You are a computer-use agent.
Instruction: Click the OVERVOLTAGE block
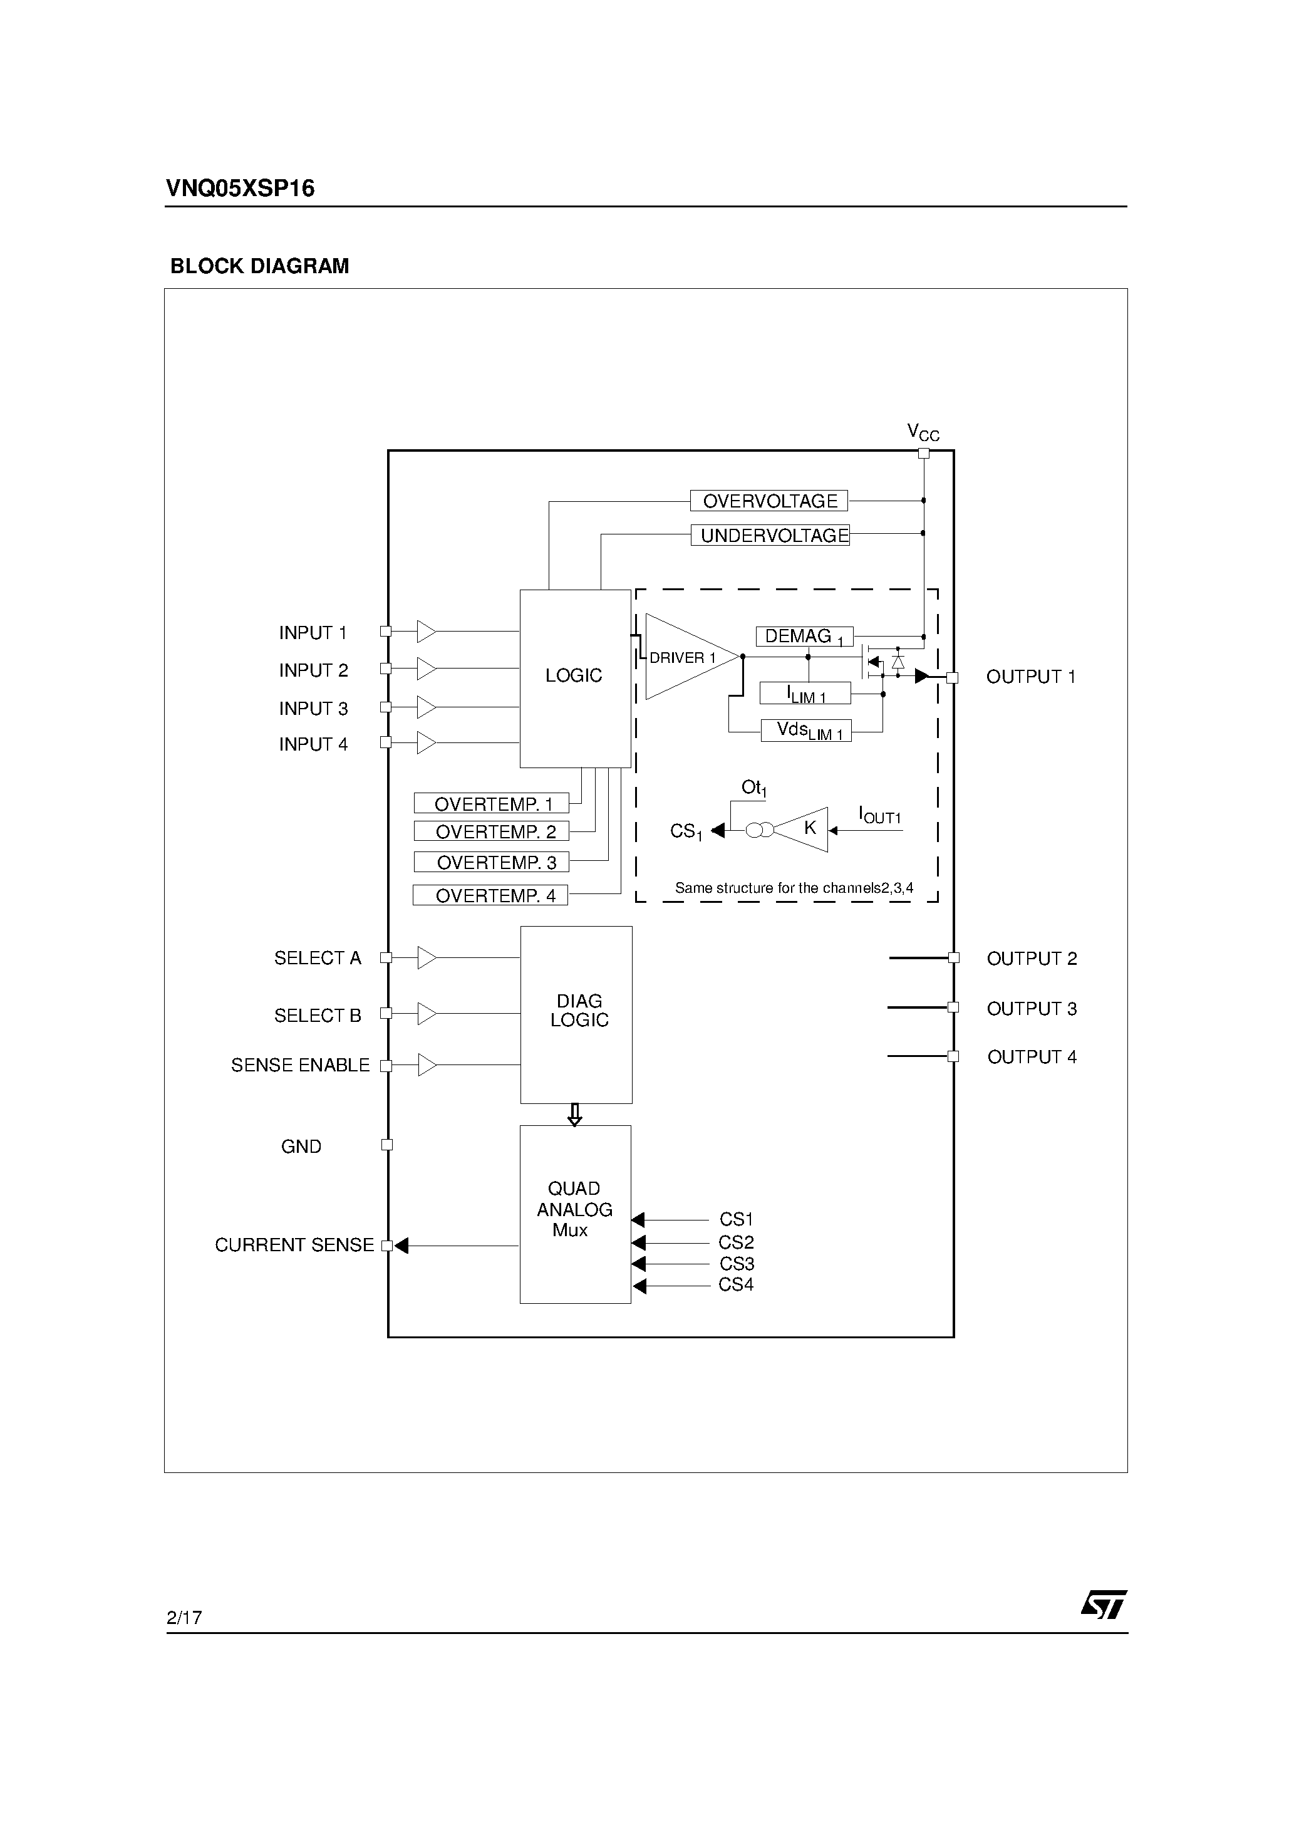tap(769, 501)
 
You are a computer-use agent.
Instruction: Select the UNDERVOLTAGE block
tap(770, 536)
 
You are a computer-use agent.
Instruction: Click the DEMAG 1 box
tap(804, 637)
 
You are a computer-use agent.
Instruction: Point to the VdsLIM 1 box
tap(805, 731)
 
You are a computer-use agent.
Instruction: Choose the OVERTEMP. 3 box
tap(492, 863)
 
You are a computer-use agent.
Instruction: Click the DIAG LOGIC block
tap(576, 1014)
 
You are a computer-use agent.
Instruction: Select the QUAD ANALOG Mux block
tap(575, 1214)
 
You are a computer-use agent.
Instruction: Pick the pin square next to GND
tap(388, 1145)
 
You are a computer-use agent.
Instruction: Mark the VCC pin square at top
tap(924, 453)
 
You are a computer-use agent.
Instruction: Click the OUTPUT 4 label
tap(1032, 1057)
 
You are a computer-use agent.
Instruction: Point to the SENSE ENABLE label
tap(300, 1065)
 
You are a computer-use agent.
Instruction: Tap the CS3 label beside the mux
tap(737, 1264)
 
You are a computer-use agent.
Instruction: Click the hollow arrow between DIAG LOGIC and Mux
tap(574, 1115)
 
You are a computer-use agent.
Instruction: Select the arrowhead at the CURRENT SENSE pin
tap(402, 1246)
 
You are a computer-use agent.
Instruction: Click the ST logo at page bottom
tap(1104, 1605)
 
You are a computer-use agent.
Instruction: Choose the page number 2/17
tap(184, 1617)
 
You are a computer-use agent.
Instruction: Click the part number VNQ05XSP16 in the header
tap(240, 189)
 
